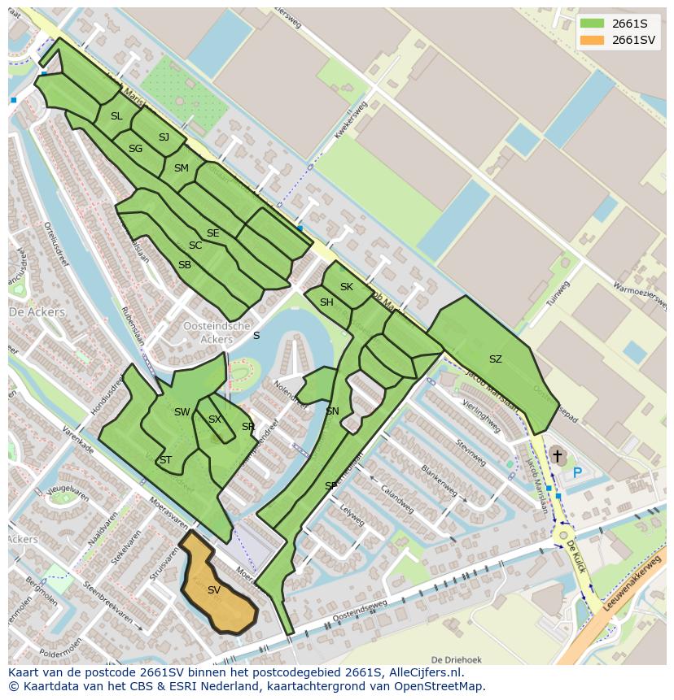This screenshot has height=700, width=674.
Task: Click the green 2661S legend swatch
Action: pos(592,23)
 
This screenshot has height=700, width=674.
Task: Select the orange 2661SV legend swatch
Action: pos(592,40)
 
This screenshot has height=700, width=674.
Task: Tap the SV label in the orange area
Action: pos(214,590)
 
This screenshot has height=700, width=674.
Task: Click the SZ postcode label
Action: pos(495,359)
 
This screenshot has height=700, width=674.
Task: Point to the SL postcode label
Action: pos(116,116)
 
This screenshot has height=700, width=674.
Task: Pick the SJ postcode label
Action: pos(164,137)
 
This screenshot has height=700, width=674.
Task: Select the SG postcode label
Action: pos(135,149)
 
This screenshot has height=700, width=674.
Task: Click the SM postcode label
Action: pos(181,168)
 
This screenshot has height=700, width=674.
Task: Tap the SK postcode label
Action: pos(347,287)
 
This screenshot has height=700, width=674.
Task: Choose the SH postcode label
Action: pos(326,302)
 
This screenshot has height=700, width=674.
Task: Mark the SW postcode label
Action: pos(182,412)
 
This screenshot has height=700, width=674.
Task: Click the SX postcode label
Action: pos(215,420)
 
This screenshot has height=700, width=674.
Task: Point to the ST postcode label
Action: pos(165,460)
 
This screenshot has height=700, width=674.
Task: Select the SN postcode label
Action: pos(332,411)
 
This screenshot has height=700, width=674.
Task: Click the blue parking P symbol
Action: pos(577,472)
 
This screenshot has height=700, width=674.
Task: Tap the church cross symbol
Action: pos(558,457)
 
